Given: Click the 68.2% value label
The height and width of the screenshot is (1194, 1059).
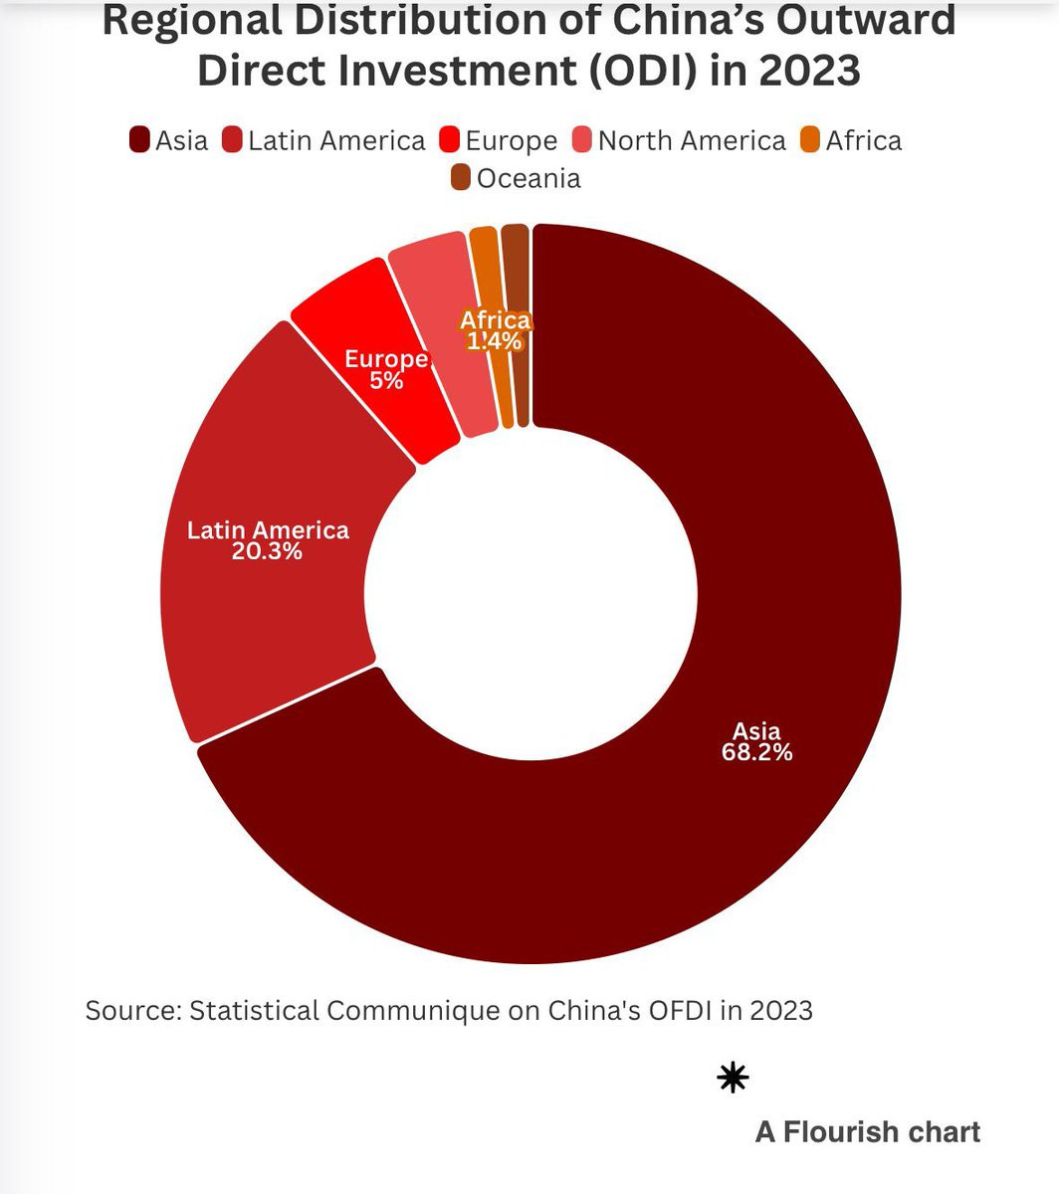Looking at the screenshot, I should click(x=756, y=752).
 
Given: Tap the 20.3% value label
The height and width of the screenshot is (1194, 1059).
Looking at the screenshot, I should click(x=267, y=550).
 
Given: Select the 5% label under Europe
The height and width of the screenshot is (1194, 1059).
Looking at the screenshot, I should click(x=386, y=379).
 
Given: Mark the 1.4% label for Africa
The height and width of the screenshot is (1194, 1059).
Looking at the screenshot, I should click(x=495, y=341).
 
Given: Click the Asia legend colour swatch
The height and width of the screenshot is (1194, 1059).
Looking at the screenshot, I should click(x=140, y=140).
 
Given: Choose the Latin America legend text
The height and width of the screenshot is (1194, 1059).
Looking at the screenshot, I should click(x=336, y=141).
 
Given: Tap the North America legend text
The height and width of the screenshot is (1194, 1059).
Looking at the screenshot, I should click(x=692, y=141).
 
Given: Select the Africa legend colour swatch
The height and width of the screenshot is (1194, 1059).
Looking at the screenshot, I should click(x=811, y=140).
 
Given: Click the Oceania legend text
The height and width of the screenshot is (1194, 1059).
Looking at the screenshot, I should click(x=529, y=179).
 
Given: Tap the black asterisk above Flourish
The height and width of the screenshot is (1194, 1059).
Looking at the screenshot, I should click(x=733, y=1078).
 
